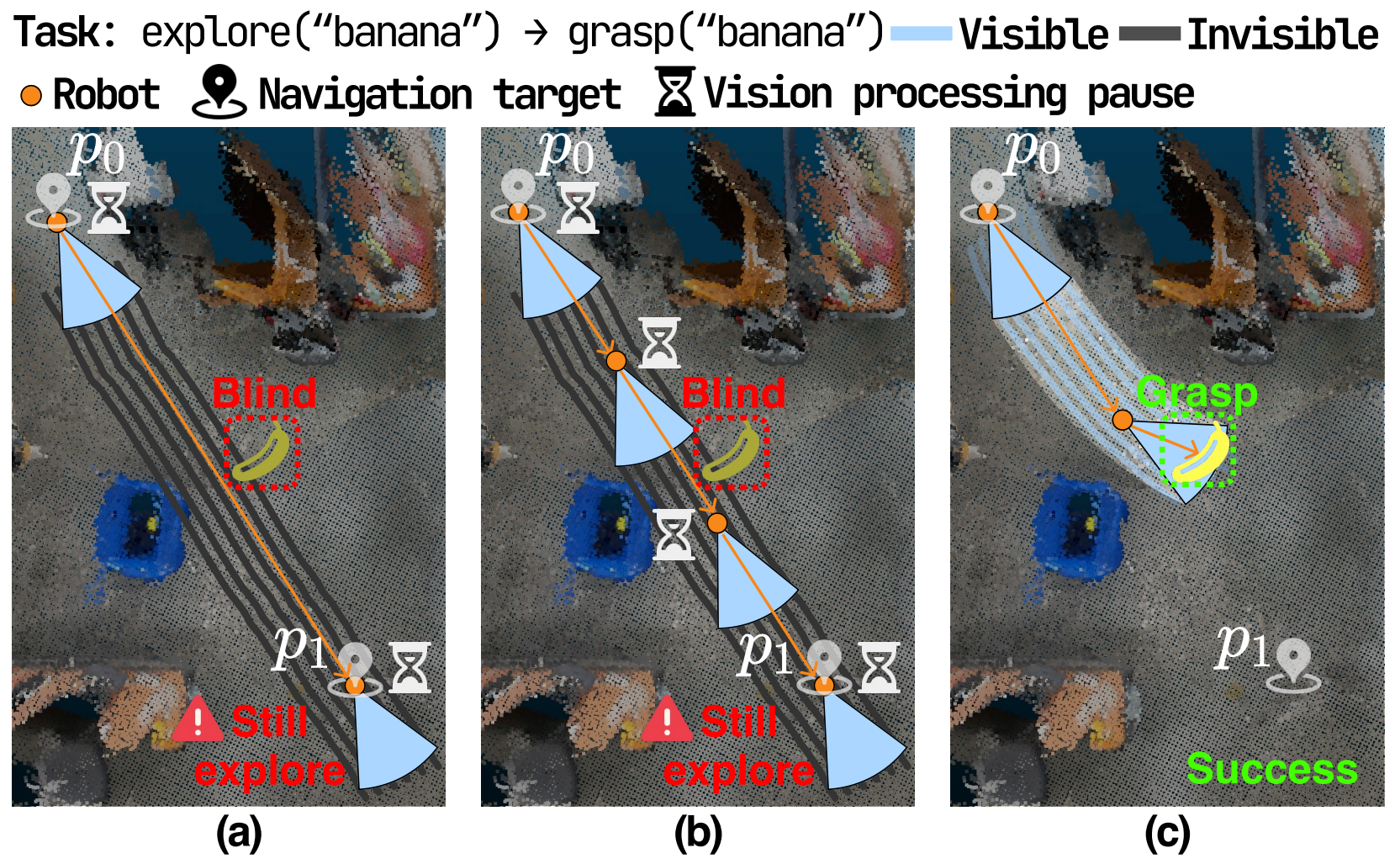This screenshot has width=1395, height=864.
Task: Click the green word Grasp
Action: pos(1197,392)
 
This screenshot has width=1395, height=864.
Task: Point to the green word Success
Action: pos(1271,769)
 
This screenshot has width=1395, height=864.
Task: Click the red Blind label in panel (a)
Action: pos(264,393)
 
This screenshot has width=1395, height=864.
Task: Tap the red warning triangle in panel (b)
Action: pos(667,720)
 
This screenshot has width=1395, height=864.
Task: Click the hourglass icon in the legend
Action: pos(674,93)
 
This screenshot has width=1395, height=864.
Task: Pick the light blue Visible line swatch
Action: pos(921,34)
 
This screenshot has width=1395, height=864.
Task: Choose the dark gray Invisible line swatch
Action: pos(1149,34)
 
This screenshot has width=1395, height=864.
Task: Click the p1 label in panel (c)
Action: pos(1241,646)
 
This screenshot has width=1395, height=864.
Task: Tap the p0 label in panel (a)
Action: pos(98,152)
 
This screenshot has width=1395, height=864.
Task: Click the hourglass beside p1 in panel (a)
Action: pos(410,667)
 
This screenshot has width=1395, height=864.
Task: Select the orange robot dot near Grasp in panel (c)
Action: pos(1122,419)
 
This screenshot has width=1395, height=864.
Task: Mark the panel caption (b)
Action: pos(698,834)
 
